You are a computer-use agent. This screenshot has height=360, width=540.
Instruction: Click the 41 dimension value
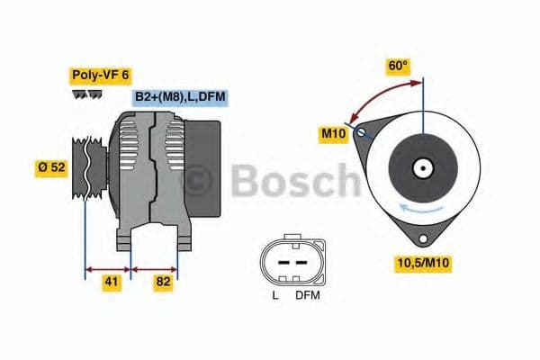112,282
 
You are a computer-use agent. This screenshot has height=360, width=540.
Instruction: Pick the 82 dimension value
163,282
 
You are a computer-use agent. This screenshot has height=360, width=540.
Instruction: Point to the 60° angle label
398,65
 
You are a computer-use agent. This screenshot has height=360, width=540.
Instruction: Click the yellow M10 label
333,133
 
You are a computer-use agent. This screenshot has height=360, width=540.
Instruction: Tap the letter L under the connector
275,294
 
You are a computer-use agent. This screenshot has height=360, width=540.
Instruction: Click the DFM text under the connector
307,294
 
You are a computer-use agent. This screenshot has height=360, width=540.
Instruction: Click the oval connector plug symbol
289,261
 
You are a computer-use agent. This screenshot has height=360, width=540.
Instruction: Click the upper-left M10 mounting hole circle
362,133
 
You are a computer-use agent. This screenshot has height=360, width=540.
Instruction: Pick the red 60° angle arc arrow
382,94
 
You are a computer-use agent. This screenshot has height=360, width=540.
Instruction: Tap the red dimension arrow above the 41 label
107,267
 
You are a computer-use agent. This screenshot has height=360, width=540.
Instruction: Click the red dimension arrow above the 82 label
155,267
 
